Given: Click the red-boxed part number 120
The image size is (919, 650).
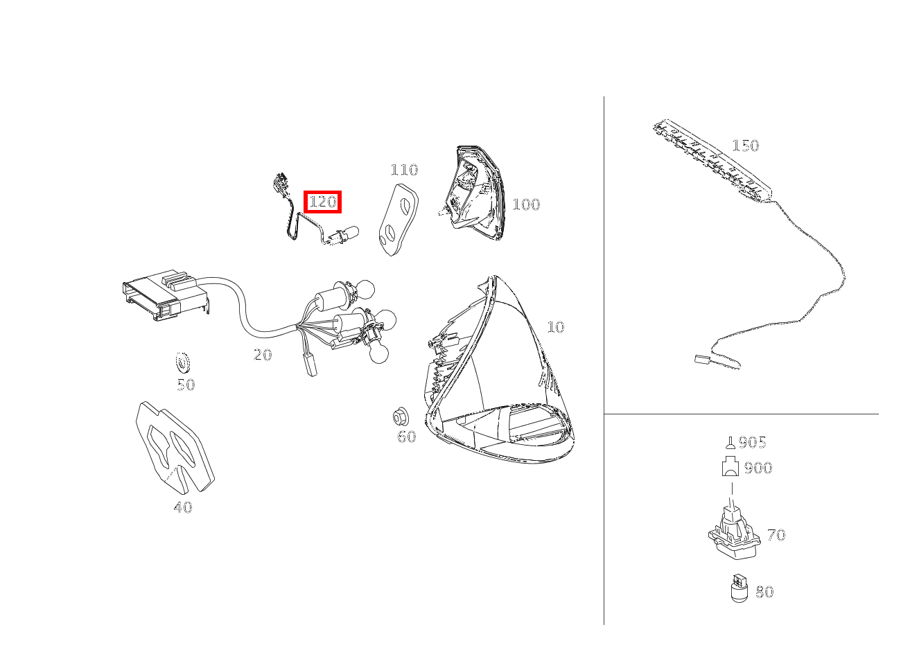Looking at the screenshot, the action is tap(322, 202).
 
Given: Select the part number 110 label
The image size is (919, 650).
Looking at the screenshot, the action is tap(404, 170).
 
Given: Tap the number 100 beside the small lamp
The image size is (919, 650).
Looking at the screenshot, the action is tap(526, 204).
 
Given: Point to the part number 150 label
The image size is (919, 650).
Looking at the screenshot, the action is tap(746, 145).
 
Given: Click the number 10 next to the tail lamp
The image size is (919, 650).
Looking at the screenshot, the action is tap(556, 327).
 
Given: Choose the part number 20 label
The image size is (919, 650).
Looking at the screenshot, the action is tap(263, 355).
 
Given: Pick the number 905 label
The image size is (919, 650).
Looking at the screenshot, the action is tap(752, 442).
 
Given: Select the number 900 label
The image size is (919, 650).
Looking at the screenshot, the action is tap(758, 468).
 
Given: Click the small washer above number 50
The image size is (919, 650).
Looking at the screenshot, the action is tap(183, 363).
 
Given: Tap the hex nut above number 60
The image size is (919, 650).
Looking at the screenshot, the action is tap(401, 417).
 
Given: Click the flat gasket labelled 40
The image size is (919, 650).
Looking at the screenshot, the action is tap(175, 447).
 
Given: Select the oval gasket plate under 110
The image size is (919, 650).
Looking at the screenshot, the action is tap(398, 220).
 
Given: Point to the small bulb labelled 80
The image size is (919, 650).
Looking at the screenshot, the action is tap(739, 588).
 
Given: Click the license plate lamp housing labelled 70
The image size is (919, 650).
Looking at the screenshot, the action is tap(735, 534).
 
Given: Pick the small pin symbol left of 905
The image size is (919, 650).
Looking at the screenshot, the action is tap(730, 443).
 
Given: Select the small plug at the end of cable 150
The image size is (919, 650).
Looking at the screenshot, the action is tap(702, 360).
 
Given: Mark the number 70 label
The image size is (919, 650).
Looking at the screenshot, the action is tap(776, 535).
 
